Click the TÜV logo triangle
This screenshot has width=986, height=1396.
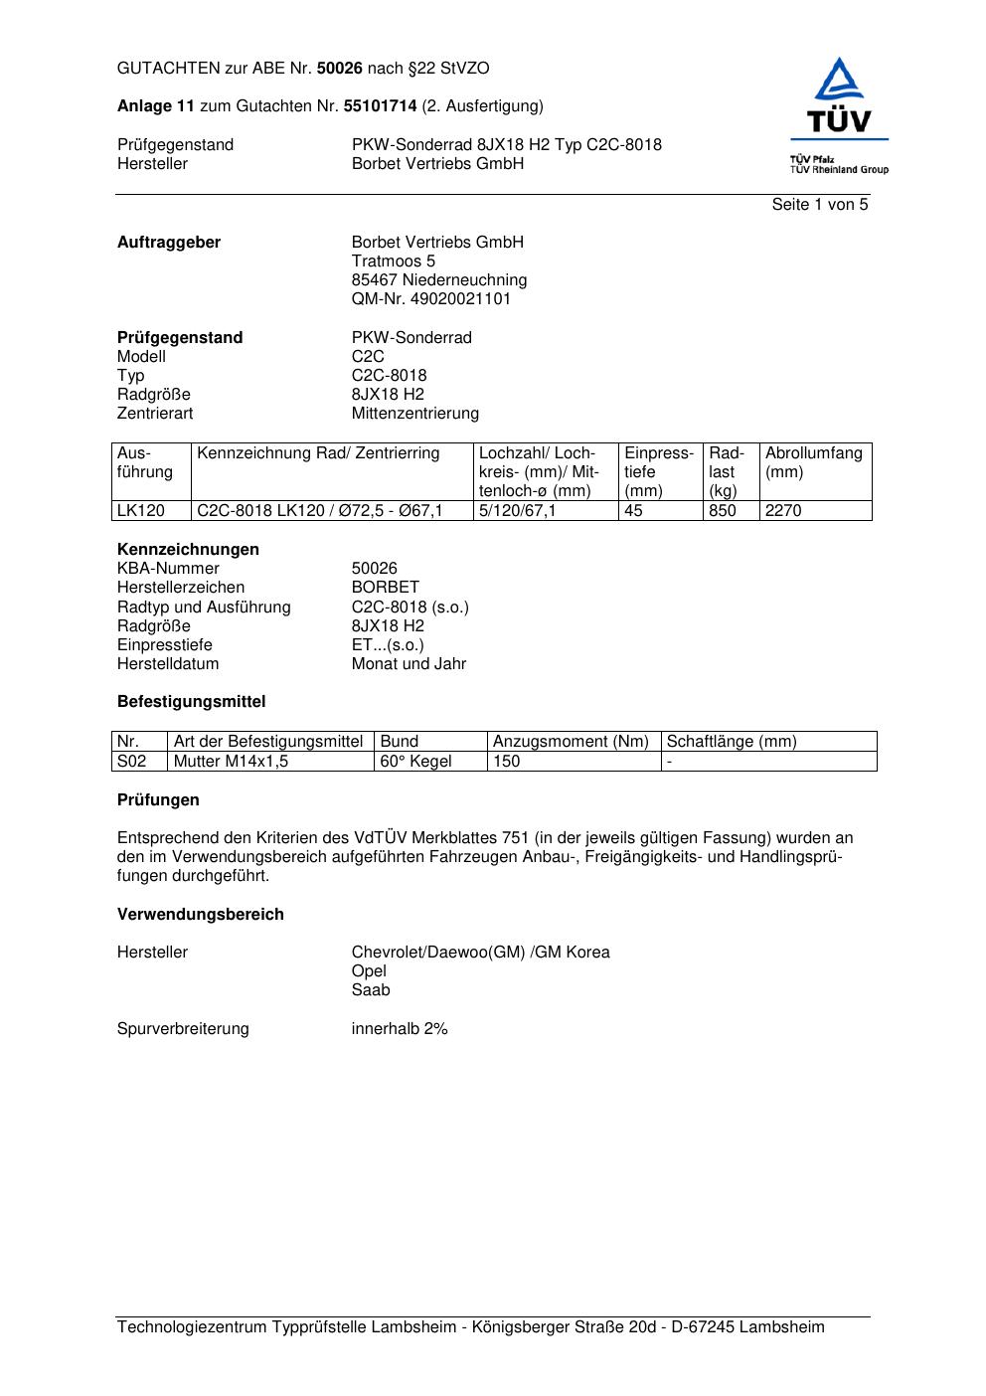pos(840,81)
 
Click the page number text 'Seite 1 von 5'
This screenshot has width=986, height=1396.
pos(819,205)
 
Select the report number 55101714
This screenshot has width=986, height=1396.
pos(380,106)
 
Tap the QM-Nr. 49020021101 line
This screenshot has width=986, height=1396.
pos(430,299)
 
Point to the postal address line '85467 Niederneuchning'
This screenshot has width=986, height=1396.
pos(438,280)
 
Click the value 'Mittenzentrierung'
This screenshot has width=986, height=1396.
pos(414,414)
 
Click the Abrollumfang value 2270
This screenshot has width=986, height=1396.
pos(783,511)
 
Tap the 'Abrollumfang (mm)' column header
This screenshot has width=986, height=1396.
pos(814,462)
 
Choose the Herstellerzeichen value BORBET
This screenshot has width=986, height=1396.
pos(385,588)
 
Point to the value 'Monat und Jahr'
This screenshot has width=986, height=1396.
pos(409,664)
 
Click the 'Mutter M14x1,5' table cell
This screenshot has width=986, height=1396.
pos(224,762)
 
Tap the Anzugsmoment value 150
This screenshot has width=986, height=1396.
pos(507,762)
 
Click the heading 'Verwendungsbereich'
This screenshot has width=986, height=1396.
pos(200,915)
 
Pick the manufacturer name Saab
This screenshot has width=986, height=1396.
pos(371,990)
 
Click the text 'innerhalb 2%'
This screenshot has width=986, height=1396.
pos(400,1029)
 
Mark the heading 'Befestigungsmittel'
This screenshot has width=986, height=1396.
pos(191,702)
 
